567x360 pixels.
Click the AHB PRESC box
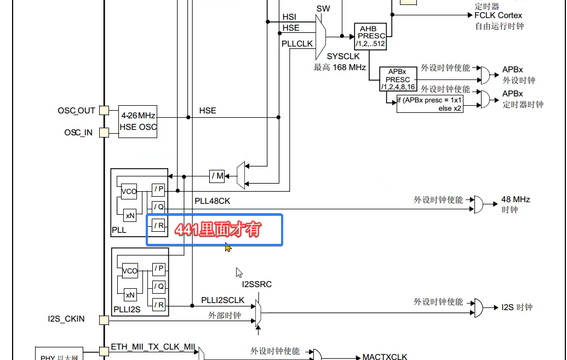[370, 36]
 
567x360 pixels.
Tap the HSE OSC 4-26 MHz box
[138, 122]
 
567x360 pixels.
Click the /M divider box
[217, 176]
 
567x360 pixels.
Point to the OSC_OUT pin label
[76, 111]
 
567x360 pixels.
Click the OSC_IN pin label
[78, 133]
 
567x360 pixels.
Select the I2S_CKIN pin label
[66, 319]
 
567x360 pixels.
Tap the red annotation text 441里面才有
[217, 230]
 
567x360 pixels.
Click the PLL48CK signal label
[213, 201]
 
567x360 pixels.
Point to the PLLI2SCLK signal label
[222, 300]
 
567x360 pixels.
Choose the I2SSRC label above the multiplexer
[256, 284]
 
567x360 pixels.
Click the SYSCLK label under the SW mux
[343, 56]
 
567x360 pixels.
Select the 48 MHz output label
[516, 199]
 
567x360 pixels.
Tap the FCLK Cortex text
[498, 15]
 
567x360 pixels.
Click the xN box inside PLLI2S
[130, 295]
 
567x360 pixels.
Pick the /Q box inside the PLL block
[158, 207]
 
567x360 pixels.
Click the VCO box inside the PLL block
[129, 191]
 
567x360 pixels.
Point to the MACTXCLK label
[385, 357]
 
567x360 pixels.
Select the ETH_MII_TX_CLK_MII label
[153, 346]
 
